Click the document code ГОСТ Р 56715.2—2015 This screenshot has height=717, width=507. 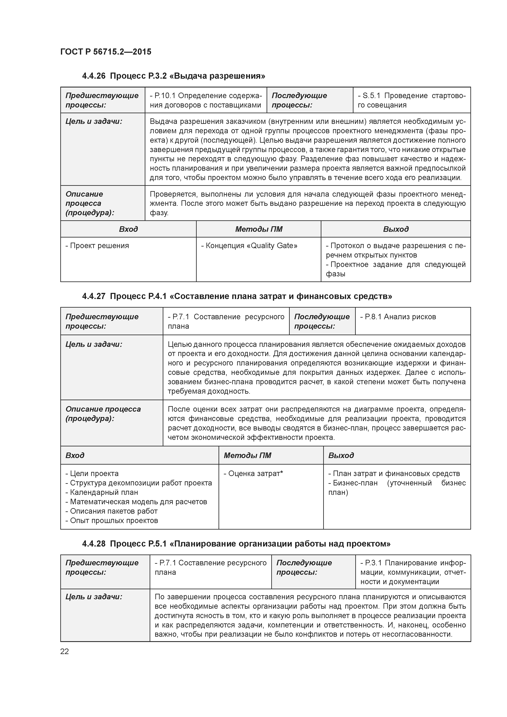point(105,52)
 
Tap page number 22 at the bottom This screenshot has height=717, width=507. point(64,651)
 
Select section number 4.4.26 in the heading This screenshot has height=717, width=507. point(94,76)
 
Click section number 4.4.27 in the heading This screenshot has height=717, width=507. point(94,296)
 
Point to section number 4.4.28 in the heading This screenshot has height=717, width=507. point(94,544)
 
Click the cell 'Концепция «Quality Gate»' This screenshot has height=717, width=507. point(249,246)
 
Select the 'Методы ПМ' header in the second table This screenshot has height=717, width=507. point(247,455)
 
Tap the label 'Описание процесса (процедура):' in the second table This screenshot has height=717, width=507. point(103,414)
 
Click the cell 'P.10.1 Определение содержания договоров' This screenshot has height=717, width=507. point(205,100)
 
